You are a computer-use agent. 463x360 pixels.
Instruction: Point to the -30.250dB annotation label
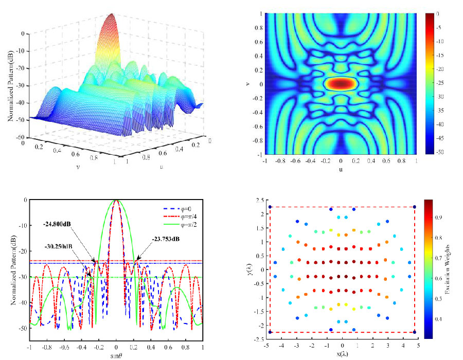pyautogui.click(x=58, y=246)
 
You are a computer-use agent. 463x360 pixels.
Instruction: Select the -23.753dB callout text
pyautogui.click(x=168, y=238)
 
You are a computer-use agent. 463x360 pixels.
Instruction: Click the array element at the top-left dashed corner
pyautogui.click(x=270, y=207)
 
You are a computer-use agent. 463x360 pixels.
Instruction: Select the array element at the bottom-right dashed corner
pyautogui.click(x=415, y=332)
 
